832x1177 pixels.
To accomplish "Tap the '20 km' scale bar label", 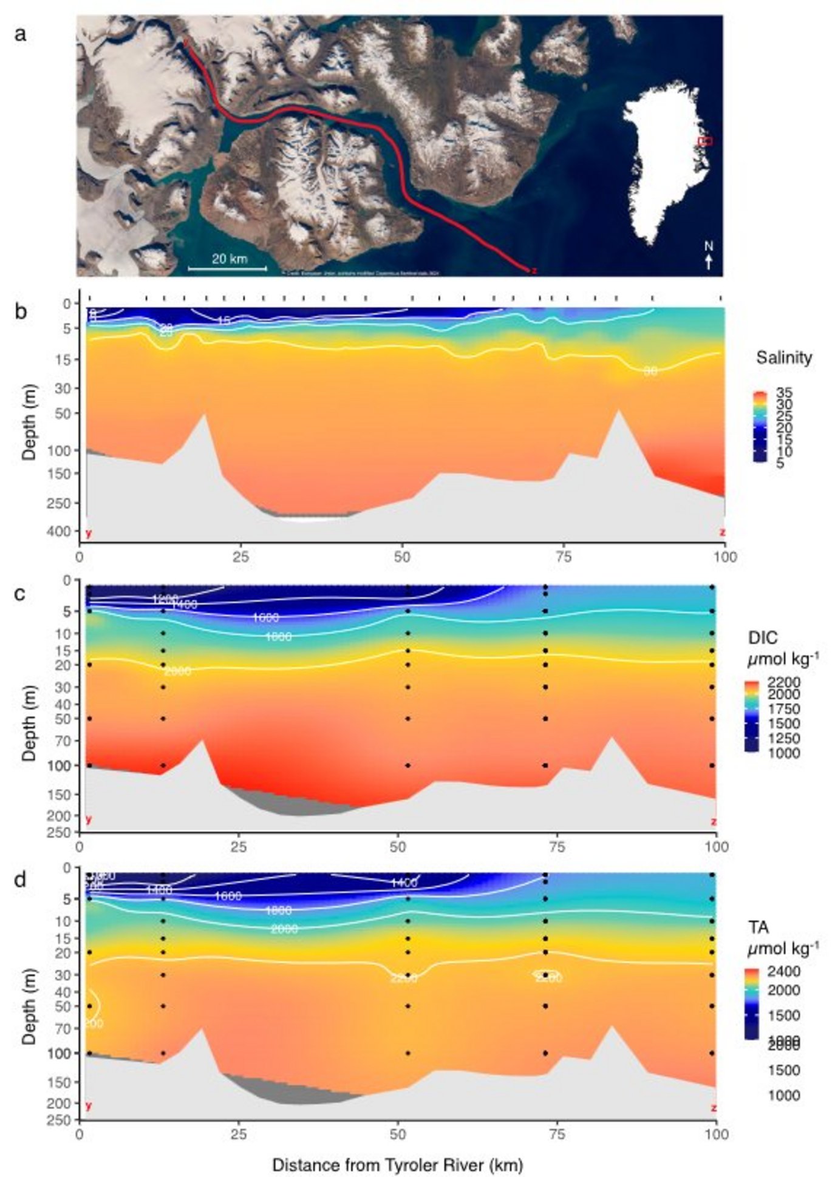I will [229, 259].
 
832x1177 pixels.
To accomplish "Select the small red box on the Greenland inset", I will [704, 141].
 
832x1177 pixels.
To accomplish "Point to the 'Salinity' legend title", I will [783, 358].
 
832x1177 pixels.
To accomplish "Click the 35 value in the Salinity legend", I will [783, 393].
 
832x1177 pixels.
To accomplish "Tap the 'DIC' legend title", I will [762, 637].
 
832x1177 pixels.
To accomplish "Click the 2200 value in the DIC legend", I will [788, 683].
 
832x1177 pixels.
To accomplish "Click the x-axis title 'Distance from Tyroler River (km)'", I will [397, 1164].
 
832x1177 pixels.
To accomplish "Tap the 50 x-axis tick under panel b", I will [402, 557].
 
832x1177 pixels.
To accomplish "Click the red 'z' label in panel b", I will [722, 532].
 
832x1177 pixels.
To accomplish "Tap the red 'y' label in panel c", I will [89, 819].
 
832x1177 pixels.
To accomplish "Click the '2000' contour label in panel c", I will [177, 671].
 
